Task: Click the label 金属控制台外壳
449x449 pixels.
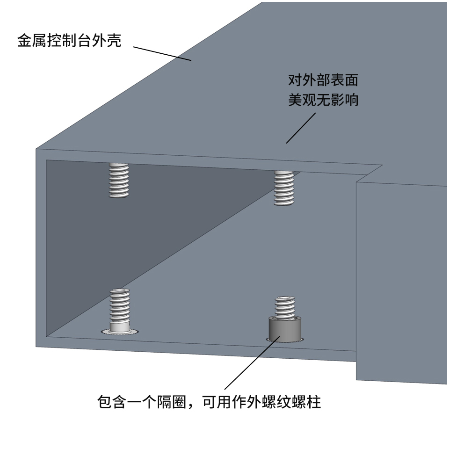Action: (x=69, y=40)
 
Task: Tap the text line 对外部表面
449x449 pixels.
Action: (x=323, y=80)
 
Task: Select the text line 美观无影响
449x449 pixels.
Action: (x=323, y=100)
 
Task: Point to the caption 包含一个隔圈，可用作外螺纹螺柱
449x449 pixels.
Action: (x=209, y=402)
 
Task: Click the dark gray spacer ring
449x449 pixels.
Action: (x=285, y=328)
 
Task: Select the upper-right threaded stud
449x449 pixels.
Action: (x=284, y=188)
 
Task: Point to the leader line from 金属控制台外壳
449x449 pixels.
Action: (x=162, y=53)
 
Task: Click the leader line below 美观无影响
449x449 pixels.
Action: (x=301, y=128)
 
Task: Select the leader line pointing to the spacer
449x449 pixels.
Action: (x=252, y=363)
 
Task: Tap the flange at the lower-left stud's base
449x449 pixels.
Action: (x=120, y=332)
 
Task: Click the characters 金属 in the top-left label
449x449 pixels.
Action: (x=32, y=40)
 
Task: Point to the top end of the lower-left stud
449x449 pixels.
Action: (x=120, y=290)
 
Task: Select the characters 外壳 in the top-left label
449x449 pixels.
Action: (x=107, y=40)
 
